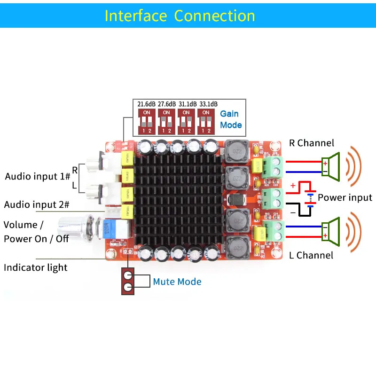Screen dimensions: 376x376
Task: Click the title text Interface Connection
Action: [x=180, y=16]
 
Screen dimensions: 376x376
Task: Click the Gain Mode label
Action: [x=231, y=119]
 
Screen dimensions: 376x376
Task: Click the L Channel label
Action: [x=311, y=256]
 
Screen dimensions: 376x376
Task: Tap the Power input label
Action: [x=345, y=198]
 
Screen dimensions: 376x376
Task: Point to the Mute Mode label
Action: [x=177, y=282]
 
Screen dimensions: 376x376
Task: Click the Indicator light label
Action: [x=36, y=268]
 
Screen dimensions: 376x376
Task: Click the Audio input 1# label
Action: [x=38, y=177]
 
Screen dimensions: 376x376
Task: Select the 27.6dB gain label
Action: [x=166, y=103]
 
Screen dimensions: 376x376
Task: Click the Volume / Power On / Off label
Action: [x=36, y=231]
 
